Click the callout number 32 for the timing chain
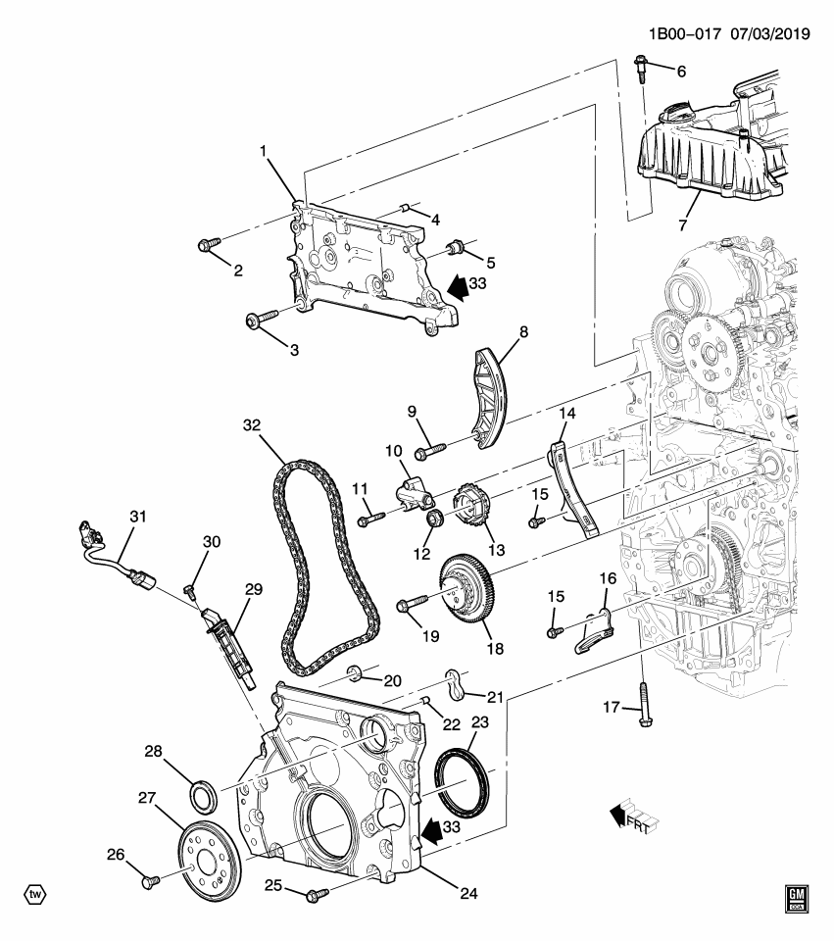(254, 425)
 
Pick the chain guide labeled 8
(488, 397)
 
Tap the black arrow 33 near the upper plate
(457, 285)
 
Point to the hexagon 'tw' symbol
(35, 894)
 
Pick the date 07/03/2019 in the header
(769, 33)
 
